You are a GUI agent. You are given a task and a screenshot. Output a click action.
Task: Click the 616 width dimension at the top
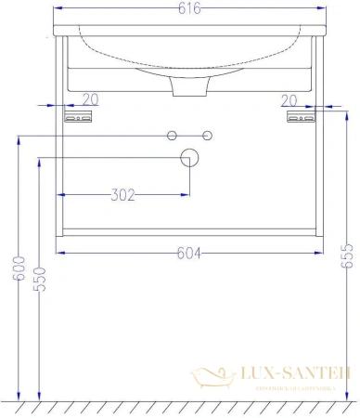tap(188, 8)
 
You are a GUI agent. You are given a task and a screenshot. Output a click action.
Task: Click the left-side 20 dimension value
tap(91, 99)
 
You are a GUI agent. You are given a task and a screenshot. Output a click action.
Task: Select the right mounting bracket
tap(301, 117)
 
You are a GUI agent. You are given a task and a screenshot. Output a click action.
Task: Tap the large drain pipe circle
tap(189, 157)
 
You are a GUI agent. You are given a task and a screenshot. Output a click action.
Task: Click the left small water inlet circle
tap(172, 137)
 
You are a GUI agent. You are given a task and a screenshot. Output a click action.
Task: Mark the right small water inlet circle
tap(208, 137)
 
